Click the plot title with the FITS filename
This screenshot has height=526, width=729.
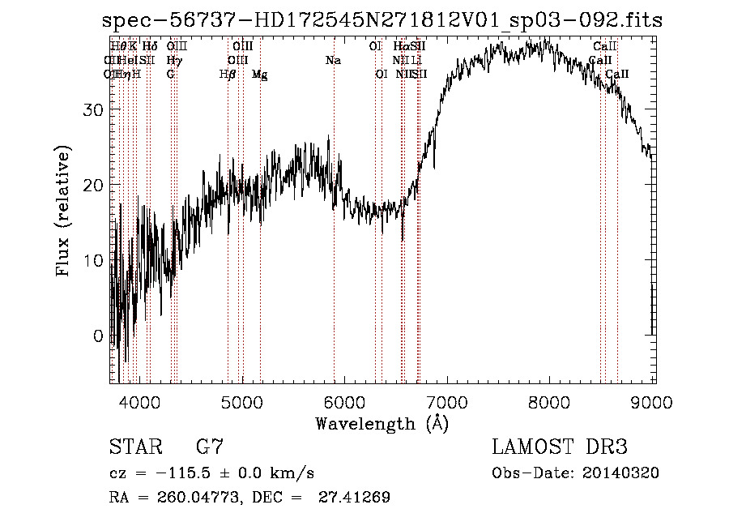[382, 21]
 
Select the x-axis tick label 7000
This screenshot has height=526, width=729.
[448, 401]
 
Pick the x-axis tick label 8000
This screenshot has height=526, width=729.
[551, 401]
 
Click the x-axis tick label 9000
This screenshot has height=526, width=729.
[653, 401]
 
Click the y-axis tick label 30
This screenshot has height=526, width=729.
[96, 110]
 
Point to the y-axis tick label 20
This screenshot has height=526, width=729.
[96, 186]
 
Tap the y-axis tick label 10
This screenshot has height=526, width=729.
[96, 261]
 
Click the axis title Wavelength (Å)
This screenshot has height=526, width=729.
[382, 423]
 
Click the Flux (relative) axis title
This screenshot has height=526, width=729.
[63, 211]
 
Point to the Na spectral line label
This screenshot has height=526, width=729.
[333, 60]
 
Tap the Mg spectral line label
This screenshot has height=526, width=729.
[260, 75]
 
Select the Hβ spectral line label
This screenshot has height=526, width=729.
[228, 75]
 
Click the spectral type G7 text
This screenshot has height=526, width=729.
[210, 447]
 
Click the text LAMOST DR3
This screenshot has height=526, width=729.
[559, 447]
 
